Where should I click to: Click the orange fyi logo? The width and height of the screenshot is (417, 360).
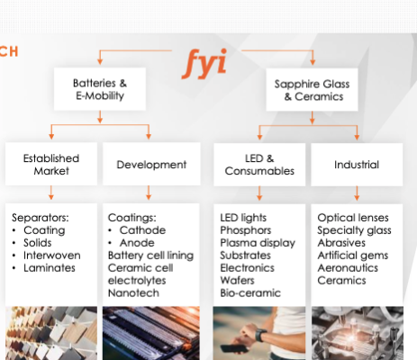tap(204, 63)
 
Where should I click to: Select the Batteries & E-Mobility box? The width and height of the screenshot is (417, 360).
tap(100, 89)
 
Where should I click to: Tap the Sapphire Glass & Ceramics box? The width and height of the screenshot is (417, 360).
tap(312, 90)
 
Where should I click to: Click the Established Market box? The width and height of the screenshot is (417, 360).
tap(51, 164)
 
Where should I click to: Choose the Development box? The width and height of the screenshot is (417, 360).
tap(151, 164)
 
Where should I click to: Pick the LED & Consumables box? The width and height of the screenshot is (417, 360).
tap(259, 165)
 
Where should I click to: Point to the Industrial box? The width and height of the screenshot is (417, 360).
tap(357, 165)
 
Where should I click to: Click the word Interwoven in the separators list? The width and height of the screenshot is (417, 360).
tap(52, 256)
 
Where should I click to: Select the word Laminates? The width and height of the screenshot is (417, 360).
tap(50, 268)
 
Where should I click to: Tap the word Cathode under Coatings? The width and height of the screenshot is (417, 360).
tap(142, 230)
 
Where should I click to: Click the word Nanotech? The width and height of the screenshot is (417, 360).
tap(133, 292)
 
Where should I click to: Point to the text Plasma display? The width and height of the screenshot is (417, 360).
tap(258, 243)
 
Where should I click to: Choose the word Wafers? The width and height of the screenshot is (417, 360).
tap(237, 281)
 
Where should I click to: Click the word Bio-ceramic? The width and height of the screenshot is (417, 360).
tap(250, 292)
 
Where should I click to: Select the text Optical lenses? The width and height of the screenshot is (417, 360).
tap(353, 218)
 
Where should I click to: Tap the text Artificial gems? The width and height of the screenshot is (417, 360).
tap(353, 256)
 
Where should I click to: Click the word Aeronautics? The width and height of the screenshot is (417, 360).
tap(348, 268)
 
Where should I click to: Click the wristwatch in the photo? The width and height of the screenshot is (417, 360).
tap(260, 335)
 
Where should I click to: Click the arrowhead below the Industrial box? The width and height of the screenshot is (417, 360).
tap(357, 197)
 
